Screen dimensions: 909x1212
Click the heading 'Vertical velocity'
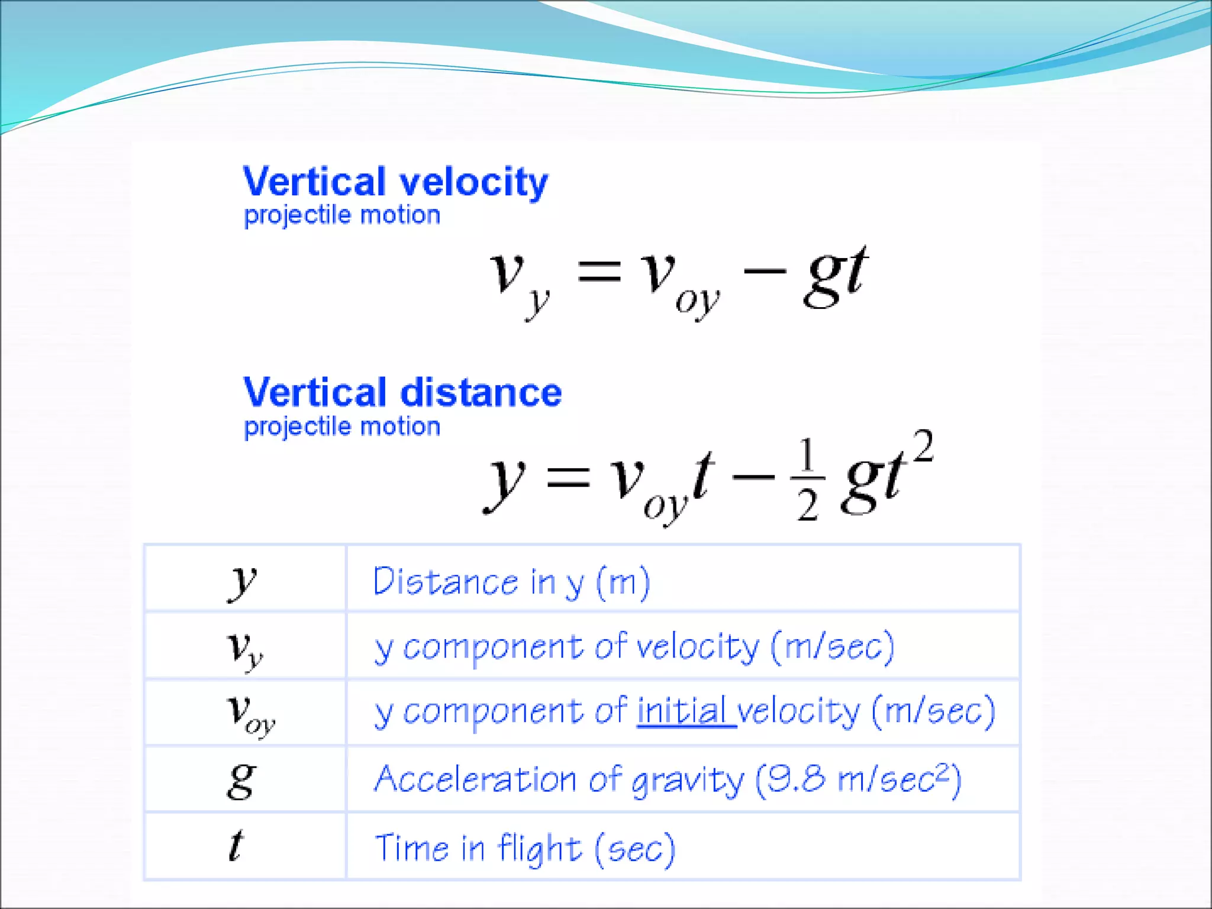(395, 182)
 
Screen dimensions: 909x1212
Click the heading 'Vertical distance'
(402, 392)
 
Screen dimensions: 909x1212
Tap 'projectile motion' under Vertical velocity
(342, 215)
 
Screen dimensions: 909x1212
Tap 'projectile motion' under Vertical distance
(342, 426)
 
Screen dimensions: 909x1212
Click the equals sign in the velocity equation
(599, 273)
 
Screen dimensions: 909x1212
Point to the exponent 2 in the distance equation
(923, 446)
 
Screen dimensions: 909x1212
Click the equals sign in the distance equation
(568, 476)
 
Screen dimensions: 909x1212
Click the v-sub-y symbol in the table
(244, 648)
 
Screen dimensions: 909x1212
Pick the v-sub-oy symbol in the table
(250, 714)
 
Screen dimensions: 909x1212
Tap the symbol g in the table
(241, 780)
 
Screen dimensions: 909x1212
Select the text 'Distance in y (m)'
(511, 582)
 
